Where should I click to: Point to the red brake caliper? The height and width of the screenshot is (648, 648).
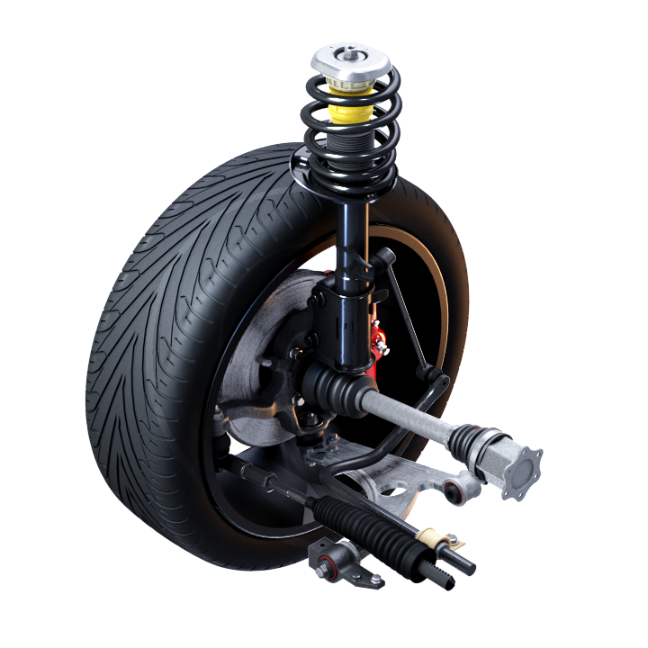(x=379, y=347)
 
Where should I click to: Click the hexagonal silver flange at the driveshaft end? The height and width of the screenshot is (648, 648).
(x=520, y=464)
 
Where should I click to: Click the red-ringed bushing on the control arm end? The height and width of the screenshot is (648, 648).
(x=453, y=489)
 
